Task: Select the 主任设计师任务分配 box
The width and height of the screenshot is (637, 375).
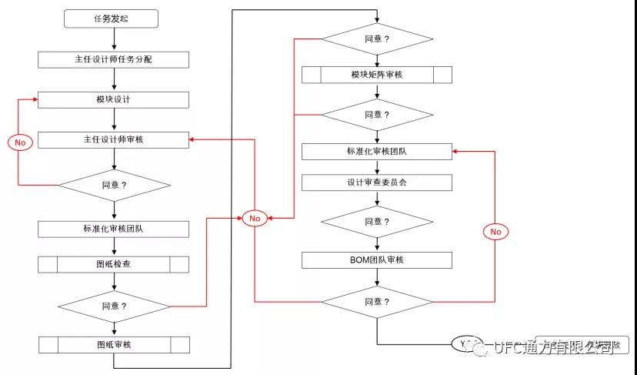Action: coord(114,59)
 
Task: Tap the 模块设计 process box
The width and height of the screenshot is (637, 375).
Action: coord(114,100)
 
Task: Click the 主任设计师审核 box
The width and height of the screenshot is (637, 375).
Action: coord(114,140)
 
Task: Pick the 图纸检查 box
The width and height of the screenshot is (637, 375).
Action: coord(114,265)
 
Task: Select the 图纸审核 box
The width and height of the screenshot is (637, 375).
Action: coord(114,344)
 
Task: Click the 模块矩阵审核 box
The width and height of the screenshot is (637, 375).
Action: coord(376,75)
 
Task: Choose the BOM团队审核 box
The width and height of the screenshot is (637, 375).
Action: coord(376,259)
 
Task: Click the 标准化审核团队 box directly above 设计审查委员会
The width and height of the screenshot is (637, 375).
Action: coord(376,152)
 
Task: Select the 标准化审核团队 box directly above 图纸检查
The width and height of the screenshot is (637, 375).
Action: coord(114,229)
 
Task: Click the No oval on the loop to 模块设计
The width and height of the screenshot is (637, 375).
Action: coord(20,142)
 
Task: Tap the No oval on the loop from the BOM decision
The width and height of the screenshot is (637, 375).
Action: coord(495,232)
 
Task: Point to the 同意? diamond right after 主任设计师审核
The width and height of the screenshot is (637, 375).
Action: coord(114,186)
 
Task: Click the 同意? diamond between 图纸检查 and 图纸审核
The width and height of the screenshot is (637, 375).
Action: coord(114,306)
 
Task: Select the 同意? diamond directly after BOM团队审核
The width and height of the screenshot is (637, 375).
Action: coord(376,302)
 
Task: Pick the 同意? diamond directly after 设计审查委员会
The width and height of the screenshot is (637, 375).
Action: coord(376,221)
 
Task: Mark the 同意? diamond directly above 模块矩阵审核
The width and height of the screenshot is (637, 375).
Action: coord(376,39)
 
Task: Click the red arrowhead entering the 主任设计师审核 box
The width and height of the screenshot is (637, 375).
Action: coord(193,140)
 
